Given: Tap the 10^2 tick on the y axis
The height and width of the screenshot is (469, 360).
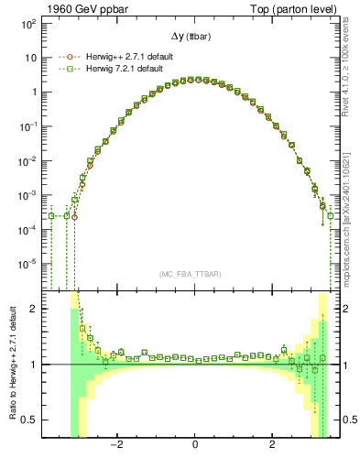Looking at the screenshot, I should [27, 23].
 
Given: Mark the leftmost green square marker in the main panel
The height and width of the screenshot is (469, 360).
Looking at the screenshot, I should [52, 216].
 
